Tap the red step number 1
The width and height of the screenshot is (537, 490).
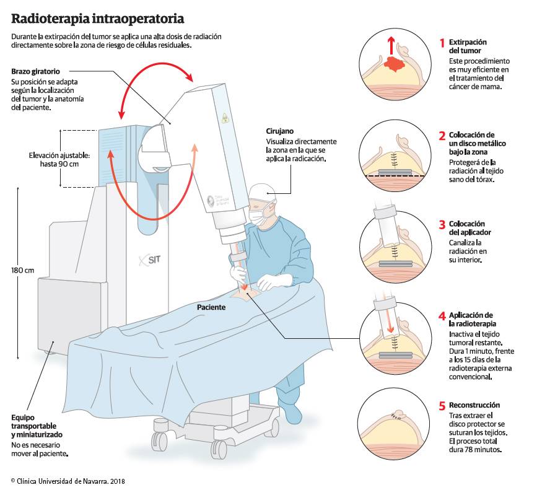pos(442,43)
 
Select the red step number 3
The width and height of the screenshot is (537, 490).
pos(442,224)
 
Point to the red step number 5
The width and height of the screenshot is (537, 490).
pos(442,406)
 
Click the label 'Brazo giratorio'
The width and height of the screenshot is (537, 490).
pos(36,71)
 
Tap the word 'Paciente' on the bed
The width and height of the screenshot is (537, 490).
pos(211,307)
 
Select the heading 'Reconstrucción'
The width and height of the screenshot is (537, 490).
pos(474,405)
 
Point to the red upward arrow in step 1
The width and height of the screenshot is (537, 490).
pos(391,45)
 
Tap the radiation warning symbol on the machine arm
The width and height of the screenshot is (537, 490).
pos(225,118)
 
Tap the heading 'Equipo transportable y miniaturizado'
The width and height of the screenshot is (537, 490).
pos(35,426)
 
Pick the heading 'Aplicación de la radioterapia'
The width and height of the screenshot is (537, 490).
pos(471,319)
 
